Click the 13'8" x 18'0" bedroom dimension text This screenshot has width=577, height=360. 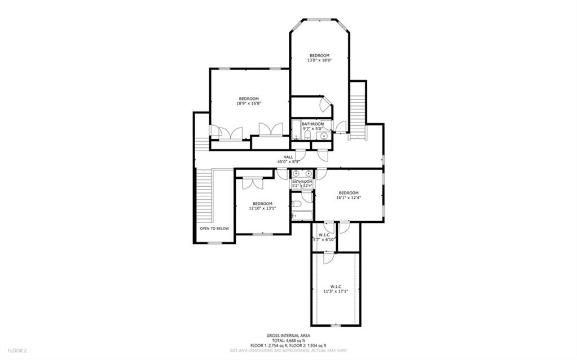click(x=319, y=60)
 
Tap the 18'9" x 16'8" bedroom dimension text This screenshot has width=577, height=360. click(x=248, y=103)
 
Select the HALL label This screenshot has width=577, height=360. click(x=288, y=157)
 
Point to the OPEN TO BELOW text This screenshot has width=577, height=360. click(x=214, y=229)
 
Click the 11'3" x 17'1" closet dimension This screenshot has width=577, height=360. click(x=336, y=291)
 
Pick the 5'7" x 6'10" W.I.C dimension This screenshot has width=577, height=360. click(x=324, y=239)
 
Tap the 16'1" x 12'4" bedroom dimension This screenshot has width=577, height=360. click(x=349, y=197)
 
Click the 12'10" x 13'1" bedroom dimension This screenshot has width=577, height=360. click(x=262, y=208)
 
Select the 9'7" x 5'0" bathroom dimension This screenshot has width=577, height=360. click(x=313, y=129)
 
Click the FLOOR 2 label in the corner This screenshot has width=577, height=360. click(x=17, y=350)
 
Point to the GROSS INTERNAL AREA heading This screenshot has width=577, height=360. click(x=288, y=335)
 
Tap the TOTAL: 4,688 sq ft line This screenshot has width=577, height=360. click(x=288, y=340)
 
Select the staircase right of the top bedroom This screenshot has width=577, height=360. click(x=358, y=110)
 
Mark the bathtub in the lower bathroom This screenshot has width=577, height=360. click(x=302, y=215)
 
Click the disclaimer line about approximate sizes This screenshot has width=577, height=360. click(x=288, y=350)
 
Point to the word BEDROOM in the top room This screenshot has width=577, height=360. click(x=319, y=55)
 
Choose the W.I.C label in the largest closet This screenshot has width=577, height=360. click(x=336, y=286)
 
